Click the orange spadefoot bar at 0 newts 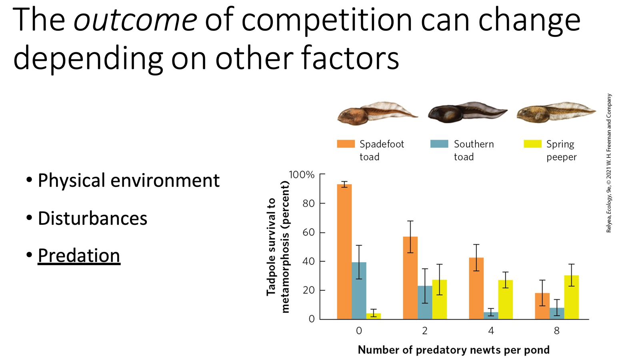(344, 252)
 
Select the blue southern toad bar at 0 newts (359, 291)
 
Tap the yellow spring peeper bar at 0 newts (374, 316)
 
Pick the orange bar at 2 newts (410, 278)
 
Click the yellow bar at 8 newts (571, 297)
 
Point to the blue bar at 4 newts (491, 316)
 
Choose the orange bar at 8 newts (542, 306)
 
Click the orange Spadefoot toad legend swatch (346, 144)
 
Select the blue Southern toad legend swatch (439, 144)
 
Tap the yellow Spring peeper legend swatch (532, 144)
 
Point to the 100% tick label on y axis (302, 175)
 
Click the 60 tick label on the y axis (308, 232)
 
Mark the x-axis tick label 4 (491, 331)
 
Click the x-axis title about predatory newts (454, 350)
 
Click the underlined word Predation (79, 256)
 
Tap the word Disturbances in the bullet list (92, 218)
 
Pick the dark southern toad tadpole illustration (467, 112)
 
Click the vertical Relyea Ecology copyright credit (609, 163)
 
